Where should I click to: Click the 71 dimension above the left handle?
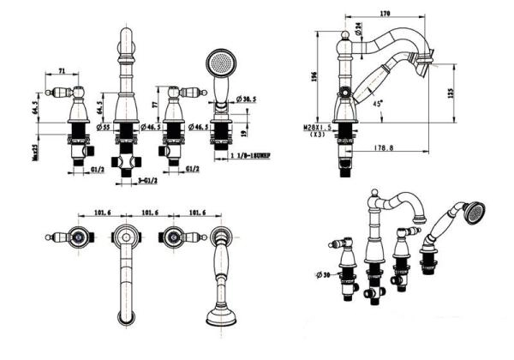[x=63, y=72]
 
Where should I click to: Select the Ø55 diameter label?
[x=105, y=127]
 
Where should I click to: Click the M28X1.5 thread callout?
[x=317, y=128]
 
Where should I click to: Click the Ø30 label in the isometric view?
[x=321, y=274]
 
